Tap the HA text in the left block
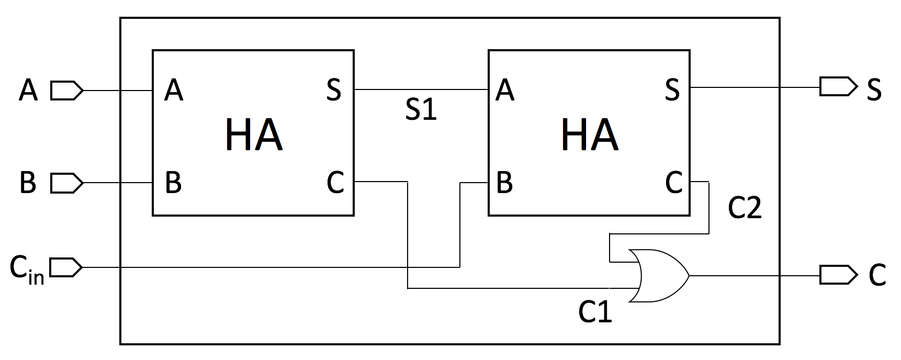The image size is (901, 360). pyautogui.click(x=254, y=135)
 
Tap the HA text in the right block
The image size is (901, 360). pyautogui.click(x=590, y=135)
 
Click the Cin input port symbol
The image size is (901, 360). pyautogui.click(x=66, y=267)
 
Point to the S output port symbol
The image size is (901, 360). pyautogui.click(x=838, y=86)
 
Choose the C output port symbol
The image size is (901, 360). pyautogui.click(x=838, y=275)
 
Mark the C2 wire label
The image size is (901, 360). pyautogui.click(x=745, y=208)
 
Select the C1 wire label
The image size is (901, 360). pyautogui.click(x=595, y=312)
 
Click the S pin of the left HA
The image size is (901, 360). pyautogui.click(x=334, y=89)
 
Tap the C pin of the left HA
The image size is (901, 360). pyautogui.click(x=335, y=183)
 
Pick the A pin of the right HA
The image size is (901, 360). pyautogui.click(x=504, y=90)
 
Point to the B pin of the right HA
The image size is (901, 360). pyautogui.click(x=504, y=183)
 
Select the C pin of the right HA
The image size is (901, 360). pyautogui.click(x=674, y=183)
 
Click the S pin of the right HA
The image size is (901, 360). pyautogui.click(x=672, y=89)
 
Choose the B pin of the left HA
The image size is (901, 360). pyautogui.click(x=173, y=183)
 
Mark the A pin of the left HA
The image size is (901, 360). pyautogui.click(x=174, y=90)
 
